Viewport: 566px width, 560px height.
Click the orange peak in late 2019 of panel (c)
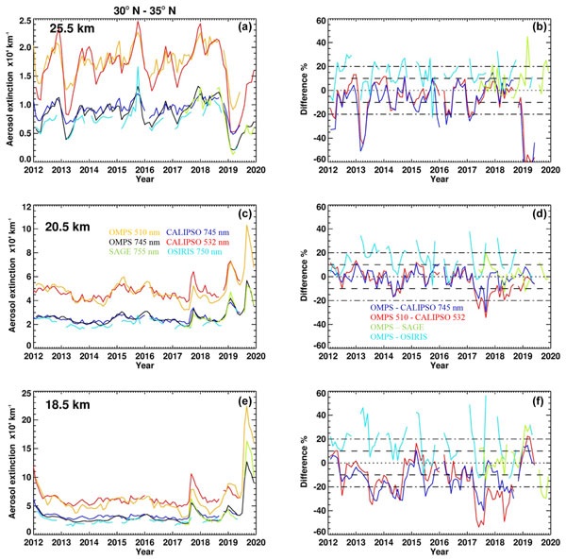tap(247, 226)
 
